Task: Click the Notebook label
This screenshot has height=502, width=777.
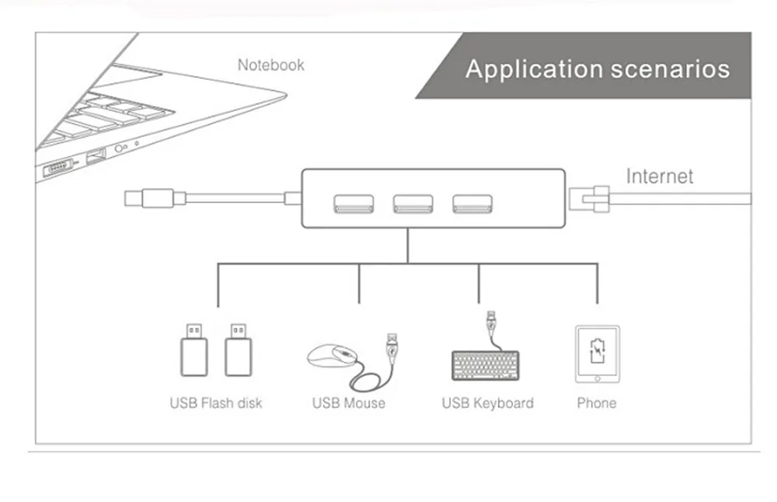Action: click(x=270, y=65)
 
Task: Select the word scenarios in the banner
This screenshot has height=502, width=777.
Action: click(x=671, y=69)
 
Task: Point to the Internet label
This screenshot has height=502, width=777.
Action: click(x=660, y=176)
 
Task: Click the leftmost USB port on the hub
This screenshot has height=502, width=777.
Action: click(x=354, y=204)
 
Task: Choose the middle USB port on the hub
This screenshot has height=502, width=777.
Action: click(x=413, y=204)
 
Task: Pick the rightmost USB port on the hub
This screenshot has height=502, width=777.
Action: click(x=472, y=204)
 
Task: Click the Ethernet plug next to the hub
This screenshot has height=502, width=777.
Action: click(x=589, y=199)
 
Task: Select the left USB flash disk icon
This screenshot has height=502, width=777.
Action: click(x=193, y=350)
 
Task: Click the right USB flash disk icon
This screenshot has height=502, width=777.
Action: click(x=239, y=350)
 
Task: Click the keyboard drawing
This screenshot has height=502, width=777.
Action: click(x=486, y=365)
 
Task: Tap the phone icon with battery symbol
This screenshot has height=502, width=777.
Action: click(x=597, y=354)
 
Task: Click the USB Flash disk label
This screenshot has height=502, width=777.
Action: click(x=216, y=403)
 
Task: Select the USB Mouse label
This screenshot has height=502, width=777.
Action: click(x=349, y=403)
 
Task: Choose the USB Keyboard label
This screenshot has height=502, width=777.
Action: click(x=488, y=403)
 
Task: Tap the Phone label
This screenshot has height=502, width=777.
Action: click(x=597, y=403)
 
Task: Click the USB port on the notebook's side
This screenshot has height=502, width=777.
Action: click(x=96, y=157)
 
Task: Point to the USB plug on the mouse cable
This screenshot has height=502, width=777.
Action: click(x=392, y=347)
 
